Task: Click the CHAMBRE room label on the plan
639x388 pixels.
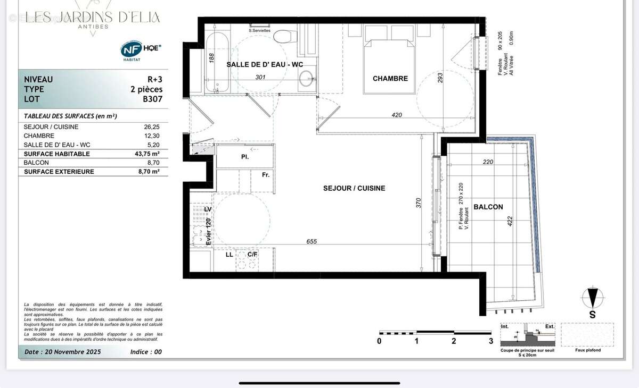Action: [390, 79]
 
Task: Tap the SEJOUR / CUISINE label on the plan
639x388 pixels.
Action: [354, 188]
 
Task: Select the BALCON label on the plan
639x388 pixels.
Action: [488, 207]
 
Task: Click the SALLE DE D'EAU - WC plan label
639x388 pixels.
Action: [265, 64]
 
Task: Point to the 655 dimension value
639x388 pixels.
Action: [312, 241]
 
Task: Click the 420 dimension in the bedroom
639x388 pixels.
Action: [396, 115]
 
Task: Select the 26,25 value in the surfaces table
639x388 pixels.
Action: [151, 127]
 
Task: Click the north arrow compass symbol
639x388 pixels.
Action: [592, 298]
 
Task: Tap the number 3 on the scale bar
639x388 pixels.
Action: [491, 341]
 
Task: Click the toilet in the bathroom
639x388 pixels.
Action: [285, 36]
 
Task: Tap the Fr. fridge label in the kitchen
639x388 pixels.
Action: [265, 174]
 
